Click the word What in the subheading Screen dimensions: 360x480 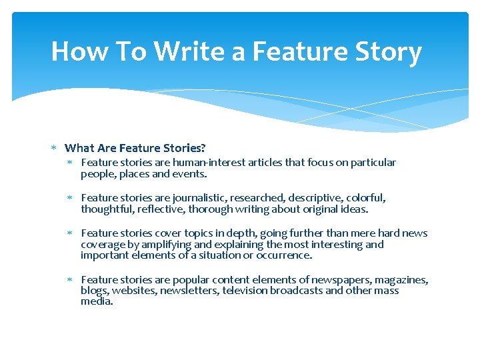click(x=79, y=148)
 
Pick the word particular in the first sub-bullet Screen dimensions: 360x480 click(x=373, y=163)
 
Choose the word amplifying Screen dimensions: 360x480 click(x=167, y=244)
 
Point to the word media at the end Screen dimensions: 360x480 click(x=97, y=301)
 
